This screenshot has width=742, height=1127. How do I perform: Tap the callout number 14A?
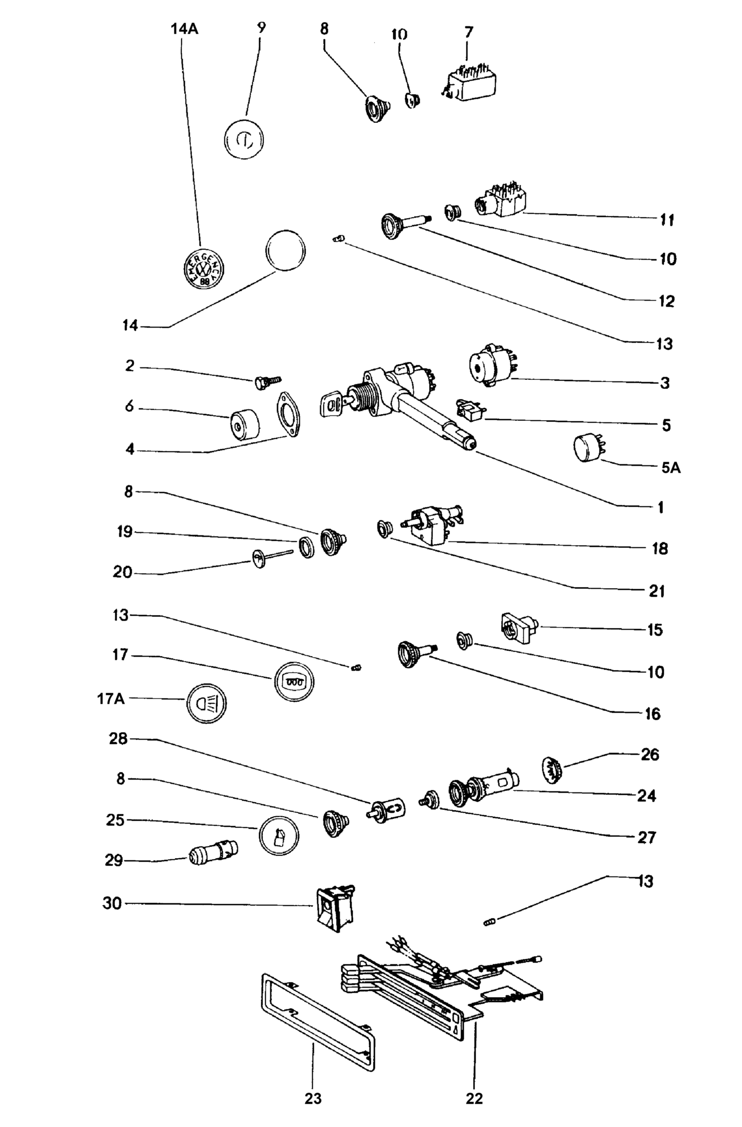pyautogui.click(x=185, y=29)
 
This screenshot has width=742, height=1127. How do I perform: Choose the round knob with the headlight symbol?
pyautogui.click(x=207, y=702)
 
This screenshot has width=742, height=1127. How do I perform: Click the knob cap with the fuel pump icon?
pyautogui.click(x=279, y=836)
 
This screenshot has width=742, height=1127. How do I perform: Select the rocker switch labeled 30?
pyautogui.click(x=334, y=907)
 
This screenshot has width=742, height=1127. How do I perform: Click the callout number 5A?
pyautogui.click(x=671, y=468)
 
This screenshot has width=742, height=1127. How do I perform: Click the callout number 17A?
pyautogui.click(x=110, y=699)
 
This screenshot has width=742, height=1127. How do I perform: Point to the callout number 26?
pyautogui.click(x=649, y=754)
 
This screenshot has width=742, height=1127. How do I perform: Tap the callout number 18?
pyautogui.click(x=660, y=548)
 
